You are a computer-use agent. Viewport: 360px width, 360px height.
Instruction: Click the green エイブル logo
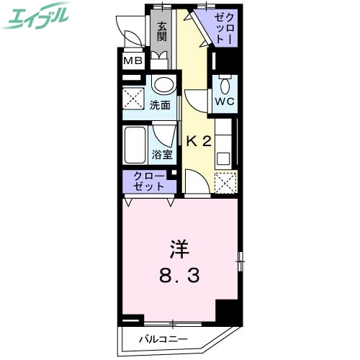(37, 18)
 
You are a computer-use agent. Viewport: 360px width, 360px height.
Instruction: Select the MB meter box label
(132, 60)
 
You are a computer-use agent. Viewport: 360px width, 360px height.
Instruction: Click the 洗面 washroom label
(160, 105)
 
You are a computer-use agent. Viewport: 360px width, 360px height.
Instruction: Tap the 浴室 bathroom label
(161, 155)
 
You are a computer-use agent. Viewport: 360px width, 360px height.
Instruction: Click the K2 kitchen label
(199, 141)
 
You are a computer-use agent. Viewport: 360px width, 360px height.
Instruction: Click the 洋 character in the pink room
(179, 251)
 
